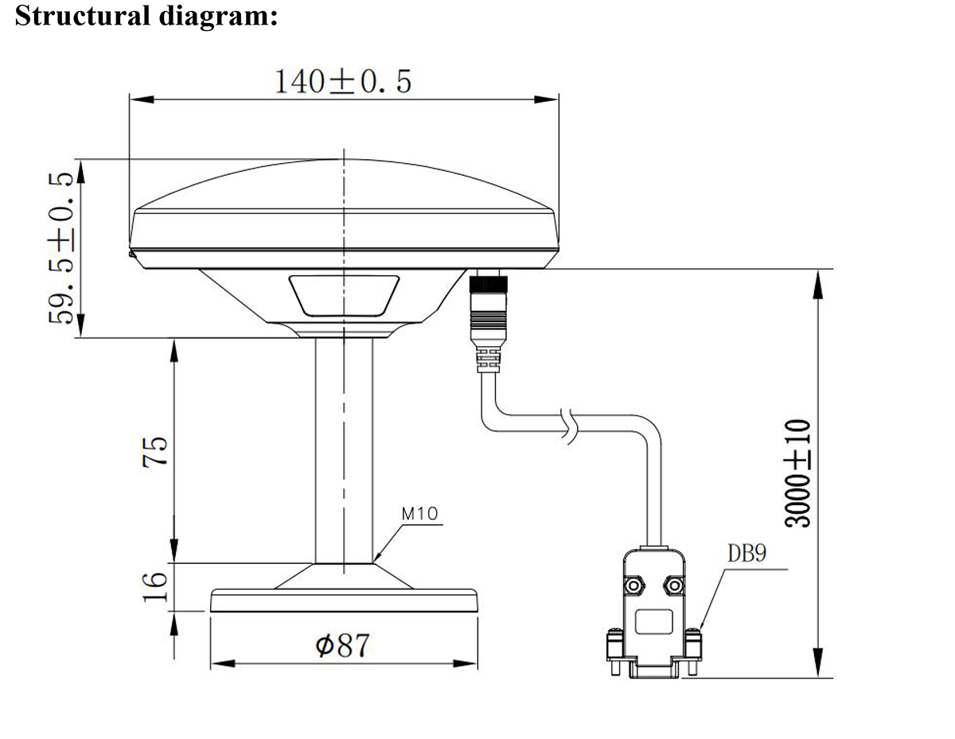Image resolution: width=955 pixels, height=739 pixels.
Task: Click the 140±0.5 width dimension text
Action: pos(343,81)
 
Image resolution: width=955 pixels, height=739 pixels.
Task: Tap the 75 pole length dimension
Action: pos(156,450)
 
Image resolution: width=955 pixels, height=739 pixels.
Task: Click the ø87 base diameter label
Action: pos(343,645)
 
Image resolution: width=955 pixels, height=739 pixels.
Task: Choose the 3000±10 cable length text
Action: pos(799,473)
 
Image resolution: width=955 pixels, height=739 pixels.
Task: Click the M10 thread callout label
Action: pos(419,514)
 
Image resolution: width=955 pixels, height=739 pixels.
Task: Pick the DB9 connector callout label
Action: pos(746,554)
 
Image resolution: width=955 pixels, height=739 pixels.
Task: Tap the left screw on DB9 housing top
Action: pos(634,586)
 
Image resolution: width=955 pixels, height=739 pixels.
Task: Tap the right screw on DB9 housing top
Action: pos(675,586)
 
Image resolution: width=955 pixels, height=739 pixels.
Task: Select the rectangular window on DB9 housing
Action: pos(654,621)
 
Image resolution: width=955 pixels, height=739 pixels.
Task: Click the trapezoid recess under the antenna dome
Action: pos(344,294)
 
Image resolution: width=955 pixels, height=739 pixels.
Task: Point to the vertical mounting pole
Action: pos(343,450)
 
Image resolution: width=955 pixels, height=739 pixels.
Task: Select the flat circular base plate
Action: pos(343,601)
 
